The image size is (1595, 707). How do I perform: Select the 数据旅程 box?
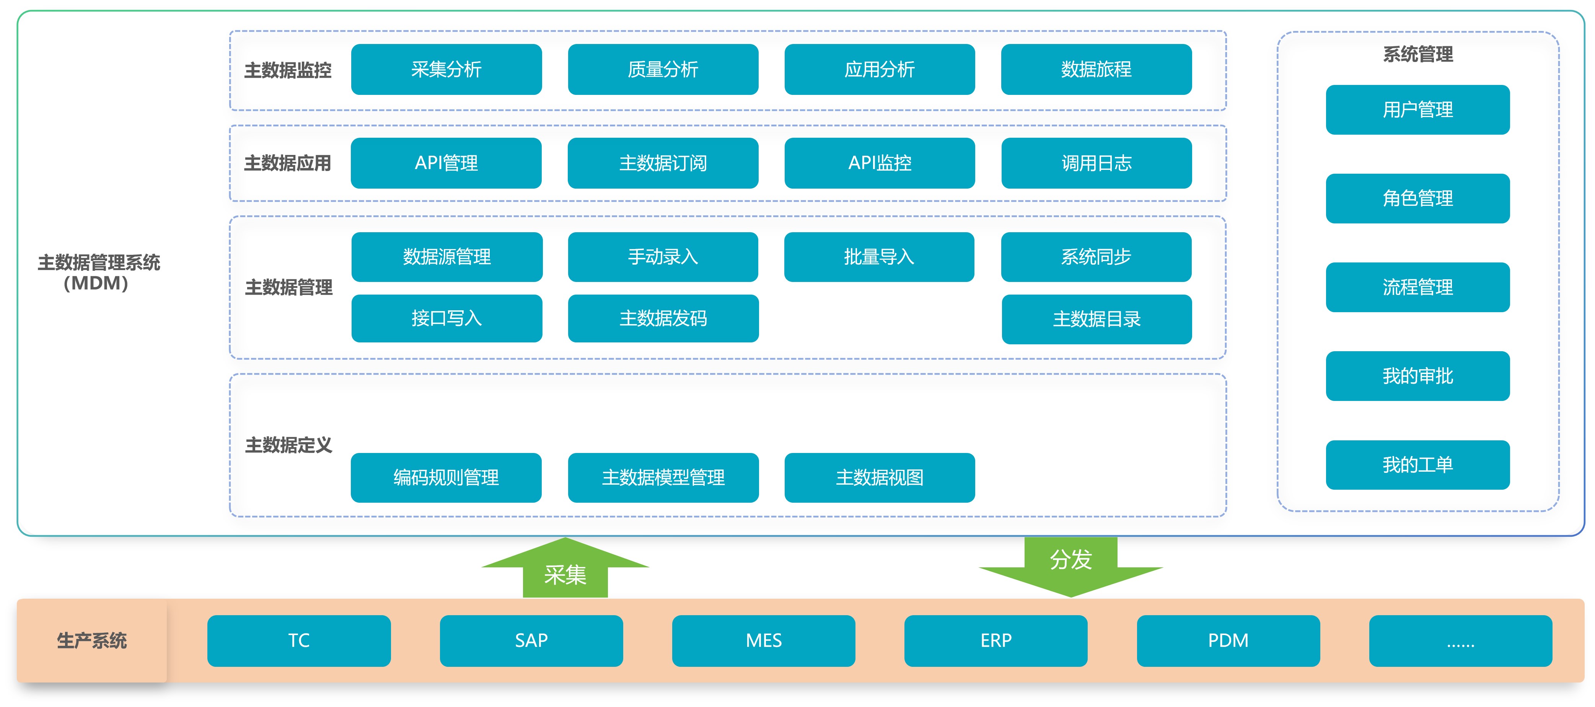click(x=1096, y=69)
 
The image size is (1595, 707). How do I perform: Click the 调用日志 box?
click(x=1096, y=163)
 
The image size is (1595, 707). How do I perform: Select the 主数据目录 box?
click(x=1096, y=319)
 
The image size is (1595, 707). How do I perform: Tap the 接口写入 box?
click(x=446, y=318)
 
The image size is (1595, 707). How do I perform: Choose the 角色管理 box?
click(x=1417, y=198)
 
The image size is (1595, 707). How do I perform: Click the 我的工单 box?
click(x=1417, y=464)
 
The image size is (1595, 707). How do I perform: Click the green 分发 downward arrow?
click(x=1070, y=567)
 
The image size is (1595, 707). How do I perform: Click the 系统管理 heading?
click(x=1417, y=54)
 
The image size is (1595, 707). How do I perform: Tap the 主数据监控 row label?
click(x=288, y=70)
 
